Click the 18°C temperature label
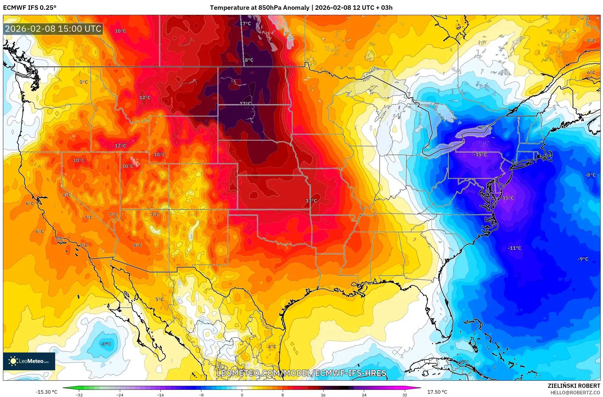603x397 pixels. coord(248,60)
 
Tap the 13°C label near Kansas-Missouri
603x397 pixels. coord(311,201)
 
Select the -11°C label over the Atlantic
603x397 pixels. coord(514,248)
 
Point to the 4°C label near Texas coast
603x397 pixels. coord(272,347)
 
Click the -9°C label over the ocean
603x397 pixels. coord(583,259)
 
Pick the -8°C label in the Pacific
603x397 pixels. coord(106,344)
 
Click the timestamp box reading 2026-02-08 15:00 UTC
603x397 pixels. coord(53,29)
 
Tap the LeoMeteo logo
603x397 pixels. coord(29,361)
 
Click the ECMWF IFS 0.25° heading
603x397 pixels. coord(30,8)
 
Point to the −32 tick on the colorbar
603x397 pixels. coord(79,395)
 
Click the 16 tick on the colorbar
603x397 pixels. coord(323,395)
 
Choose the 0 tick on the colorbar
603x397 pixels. coord(242,395)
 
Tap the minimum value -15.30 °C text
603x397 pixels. coord(47,392)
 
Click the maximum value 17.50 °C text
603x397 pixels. coord(437,392)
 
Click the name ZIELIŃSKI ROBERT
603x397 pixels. coord(574,386)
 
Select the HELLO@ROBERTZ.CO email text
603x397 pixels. coord(575,393)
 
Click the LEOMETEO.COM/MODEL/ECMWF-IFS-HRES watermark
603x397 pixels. coord(301,373)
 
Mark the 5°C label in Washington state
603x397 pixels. coord(84,82)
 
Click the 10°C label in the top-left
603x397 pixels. coord(120,31)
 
